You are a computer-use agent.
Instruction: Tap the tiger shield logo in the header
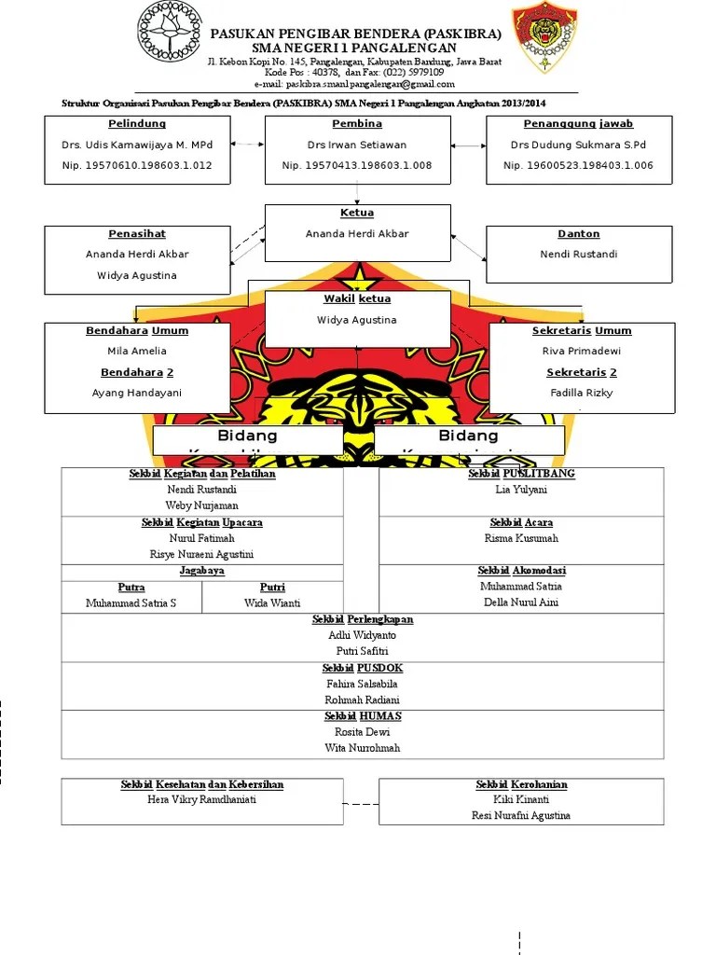(x=544, y=37)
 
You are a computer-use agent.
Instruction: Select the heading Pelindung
(x=137, y=123)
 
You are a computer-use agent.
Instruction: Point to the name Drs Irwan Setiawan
(x=357, y=145)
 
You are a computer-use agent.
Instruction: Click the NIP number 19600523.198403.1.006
(x=578, y=165)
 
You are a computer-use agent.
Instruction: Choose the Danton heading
(x=578, y=233)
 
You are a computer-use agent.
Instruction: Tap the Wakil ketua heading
(x=357, y=299)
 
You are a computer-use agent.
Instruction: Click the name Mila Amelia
(x=137, y=351)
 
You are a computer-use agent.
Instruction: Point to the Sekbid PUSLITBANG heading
(x=521, y=474)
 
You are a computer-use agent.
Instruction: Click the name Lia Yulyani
(x=521, y=490)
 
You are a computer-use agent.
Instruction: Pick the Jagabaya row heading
(x=202, y=571)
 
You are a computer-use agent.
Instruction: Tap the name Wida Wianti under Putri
(x=272, y=603)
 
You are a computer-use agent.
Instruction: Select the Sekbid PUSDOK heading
(x=363, y=668)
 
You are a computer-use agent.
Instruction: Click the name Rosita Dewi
(x=363, y=732)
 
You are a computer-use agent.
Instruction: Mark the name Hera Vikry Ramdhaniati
(x=202, y=799)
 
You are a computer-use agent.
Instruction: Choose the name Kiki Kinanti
(x=521, y=799)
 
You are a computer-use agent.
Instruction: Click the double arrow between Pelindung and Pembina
(x=247, y=145)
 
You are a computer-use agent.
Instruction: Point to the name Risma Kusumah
(x=521, y=538)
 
